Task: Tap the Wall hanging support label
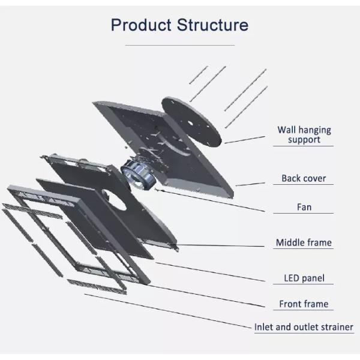click(x=304, y=134)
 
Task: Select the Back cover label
click(x=304, y=178)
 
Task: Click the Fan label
click(x=304, y=207)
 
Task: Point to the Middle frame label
click(x=304, y=243)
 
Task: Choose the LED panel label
click(x=304, y=278)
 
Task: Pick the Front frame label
click(x=304, y=304)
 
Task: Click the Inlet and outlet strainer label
click(x=304, y=327)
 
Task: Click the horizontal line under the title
click(x=179, y=45)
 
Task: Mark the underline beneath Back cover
click(x=304, y=185)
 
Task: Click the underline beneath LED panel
click(x=304, y=285)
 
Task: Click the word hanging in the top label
click(x=315, y=130)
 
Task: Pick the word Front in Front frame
click(x=290, y=304)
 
